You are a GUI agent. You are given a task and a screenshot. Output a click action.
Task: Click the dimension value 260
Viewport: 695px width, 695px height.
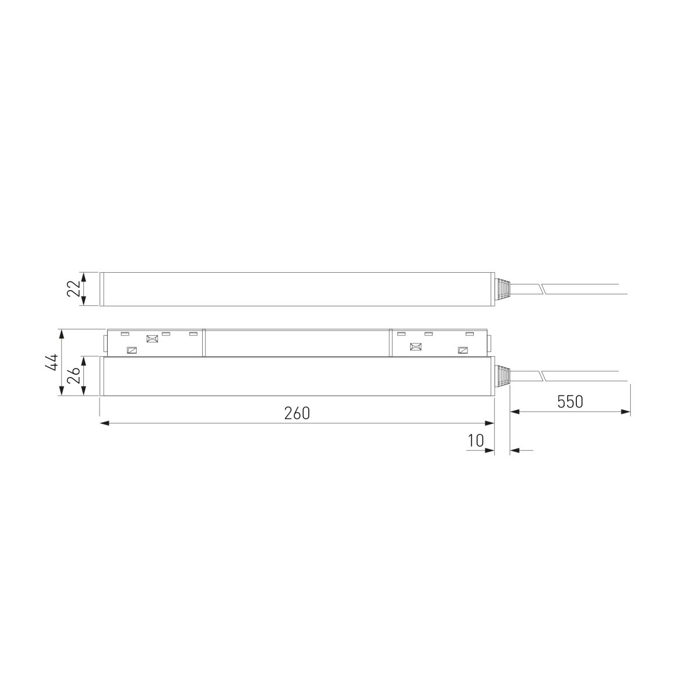tap(297, 414)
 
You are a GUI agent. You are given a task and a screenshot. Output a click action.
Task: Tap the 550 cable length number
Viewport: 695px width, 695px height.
tap(570, 402)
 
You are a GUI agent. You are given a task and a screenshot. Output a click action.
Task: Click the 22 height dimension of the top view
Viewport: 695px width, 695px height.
tap(74, 288)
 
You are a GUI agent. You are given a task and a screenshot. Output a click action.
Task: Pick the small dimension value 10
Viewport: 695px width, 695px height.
tap(475, 440)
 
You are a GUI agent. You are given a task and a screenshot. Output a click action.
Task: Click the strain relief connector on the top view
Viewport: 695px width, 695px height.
tap(502, 289)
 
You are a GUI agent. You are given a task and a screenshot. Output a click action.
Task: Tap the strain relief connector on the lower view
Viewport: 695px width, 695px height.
tap(502, 376)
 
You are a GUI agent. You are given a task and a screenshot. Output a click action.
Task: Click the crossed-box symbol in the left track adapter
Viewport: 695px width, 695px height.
tap(152, 339)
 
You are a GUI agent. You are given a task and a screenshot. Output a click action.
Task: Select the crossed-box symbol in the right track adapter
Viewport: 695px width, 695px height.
tap(416, 347)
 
